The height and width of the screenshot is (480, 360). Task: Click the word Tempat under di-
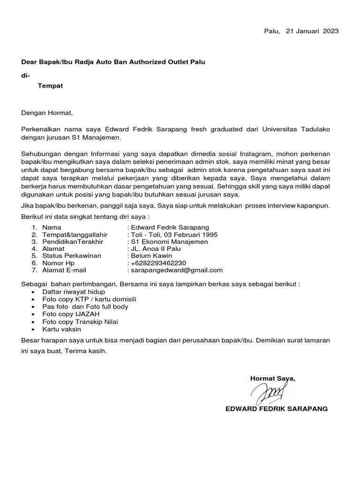(50, 86)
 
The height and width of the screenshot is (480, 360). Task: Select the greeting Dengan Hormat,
(47, 112)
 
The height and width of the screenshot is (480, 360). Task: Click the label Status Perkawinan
(72, 256)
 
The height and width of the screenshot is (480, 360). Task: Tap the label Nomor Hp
(58, 263)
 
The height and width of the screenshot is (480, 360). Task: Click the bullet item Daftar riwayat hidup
(74, 292)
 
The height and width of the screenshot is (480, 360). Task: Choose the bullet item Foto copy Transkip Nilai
(80, 322)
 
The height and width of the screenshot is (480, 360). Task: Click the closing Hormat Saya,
(273, 378)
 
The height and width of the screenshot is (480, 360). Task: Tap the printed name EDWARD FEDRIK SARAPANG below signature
(277, 409)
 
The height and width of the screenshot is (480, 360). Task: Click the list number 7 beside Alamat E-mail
(34, 270)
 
